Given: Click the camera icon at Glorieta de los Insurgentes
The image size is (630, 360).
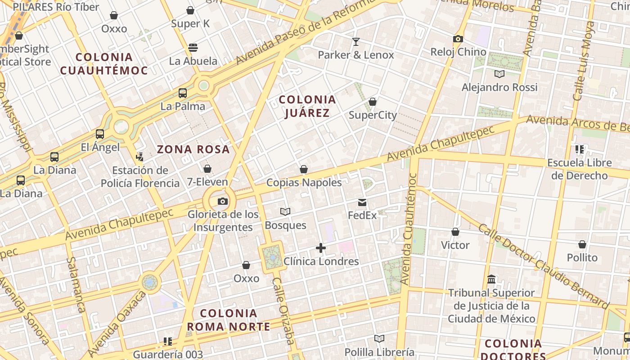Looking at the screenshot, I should (223, 201).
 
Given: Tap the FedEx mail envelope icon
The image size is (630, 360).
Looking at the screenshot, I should (362, 202).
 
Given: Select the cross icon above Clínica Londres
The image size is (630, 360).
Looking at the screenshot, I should (321, 248).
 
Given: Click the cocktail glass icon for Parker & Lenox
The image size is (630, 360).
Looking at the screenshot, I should (356, 42).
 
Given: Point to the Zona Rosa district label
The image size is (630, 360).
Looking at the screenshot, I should (193, 149).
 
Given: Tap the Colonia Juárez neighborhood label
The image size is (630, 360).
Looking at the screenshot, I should (307, 106).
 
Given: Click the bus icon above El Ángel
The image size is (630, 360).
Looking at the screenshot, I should (100, 134).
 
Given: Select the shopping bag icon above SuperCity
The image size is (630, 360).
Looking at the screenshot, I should (373, 102).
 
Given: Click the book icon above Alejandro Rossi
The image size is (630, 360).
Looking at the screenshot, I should (499, 74).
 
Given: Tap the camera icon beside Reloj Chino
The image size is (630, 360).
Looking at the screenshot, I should (458, 39).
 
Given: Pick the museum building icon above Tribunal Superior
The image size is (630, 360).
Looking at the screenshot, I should (491, 279).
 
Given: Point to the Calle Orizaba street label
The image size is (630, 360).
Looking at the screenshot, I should (284, 310).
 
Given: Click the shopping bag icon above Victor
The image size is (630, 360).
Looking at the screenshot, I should (455, 232).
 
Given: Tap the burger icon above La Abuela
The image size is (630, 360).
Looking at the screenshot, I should (193, 48).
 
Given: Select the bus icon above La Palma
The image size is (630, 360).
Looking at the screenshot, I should (183, 93).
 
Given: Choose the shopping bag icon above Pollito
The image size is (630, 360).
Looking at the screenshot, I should (582, 245).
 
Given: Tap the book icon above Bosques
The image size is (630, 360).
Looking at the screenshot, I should (285, 211).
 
